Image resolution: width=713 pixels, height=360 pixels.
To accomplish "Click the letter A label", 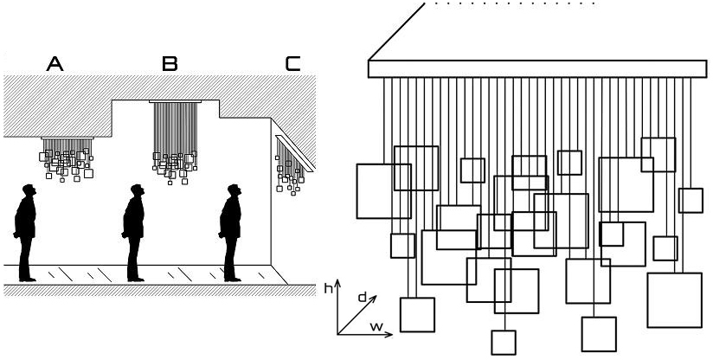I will click(55, 63).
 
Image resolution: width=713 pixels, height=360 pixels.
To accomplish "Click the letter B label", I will click(170, 63).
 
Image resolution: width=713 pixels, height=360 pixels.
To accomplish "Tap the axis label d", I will click(362, 297).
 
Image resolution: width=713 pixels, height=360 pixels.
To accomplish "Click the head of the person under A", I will click(29, 190).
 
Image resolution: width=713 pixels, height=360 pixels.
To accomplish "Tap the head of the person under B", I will click(136, 190).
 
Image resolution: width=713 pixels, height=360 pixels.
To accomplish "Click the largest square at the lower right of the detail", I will click(673, 299).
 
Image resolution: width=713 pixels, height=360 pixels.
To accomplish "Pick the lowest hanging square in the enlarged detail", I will click(504, 342).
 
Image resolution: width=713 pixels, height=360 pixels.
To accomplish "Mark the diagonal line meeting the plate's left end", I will click(395, 30).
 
